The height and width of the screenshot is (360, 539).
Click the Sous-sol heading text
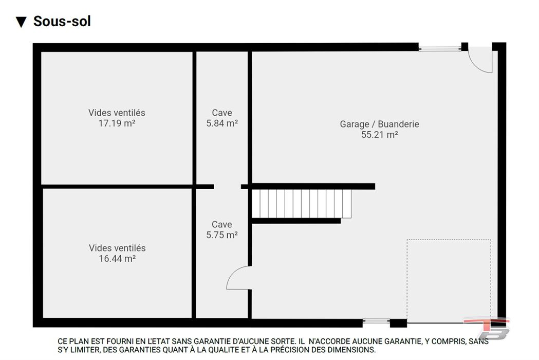[62, 21]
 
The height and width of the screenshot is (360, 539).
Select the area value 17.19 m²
[117, 123]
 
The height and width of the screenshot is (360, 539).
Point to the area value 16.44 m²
[117, 259]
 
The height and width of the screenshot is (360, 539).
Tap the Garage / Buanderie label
[380, 124]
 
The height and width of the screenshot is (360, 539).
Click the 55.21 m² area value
[380, 135]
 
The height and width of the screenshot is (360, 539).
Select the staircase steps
[302, 204]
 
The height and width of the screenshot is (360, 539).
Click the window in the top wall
[440, 48]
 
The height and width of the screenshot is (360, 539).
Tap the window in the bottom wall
[376, 322]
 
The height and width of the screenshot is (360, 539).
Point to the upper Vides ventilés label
[117, 113]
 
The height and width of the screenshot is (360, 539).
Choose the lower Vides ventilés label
[117, 248]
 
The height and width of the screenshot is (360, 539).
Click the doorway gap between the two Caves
[227, 187]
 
